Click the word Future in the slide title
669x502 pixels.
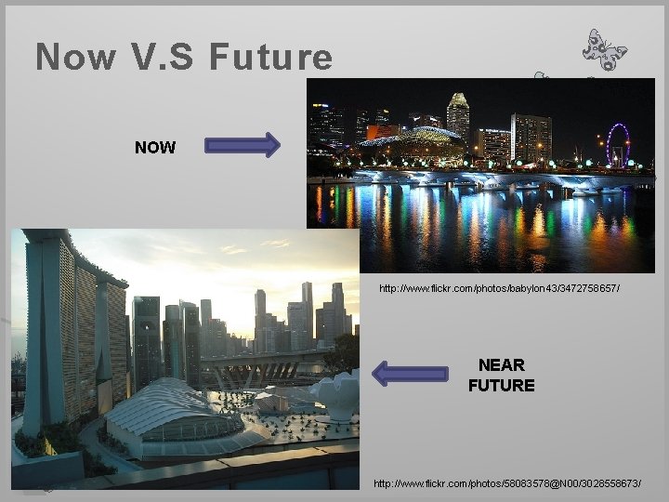271,58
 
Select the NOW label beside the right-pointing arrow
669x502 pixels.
155,147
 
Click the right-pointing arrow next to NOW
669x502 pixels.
242,145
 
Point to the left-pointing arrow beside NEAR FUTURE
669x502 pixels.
409,374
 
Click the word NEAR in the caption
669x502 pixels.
502,365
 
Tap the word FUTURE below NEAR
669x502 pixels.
502,385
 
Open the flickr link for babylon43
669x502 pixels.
499,289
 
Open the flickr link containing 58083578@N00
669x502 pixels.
506,484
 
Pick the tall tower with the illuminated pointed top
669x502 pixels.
458,116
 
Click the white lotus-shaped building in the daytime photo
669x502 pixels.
336,395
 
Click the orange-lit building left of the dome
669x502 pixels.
381,133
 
